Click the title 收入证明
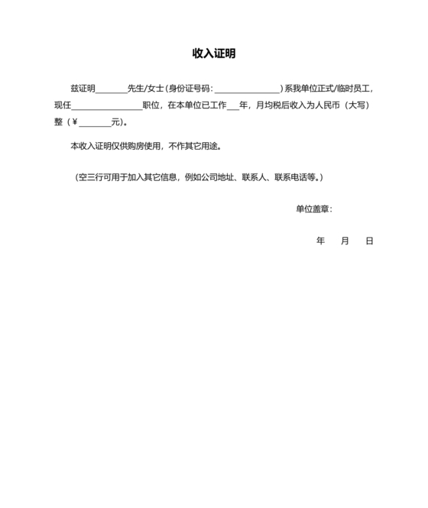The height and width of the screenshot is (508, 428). tap(213, 53)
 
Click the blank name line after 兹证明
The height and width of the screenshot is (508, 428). tap(112, 89)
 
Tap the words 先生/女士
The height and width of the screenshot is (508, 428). tap(145, 89)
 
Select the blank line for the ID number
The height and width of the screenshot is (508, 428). tap(247, 89)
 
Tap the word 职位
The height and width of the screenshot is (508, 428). tap(151, 105)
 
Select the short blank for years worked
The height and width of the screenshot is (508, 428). tap(232, 106)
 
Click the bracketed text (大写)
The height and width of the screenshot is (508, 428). tap(358, 105)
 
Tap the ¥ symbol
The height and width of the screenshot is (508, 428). tap(74, 122)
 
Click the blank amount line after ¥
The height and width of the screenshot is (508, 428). tap(94, 123)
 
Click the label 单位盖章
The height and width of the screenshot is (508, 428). tap(313, 209)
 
